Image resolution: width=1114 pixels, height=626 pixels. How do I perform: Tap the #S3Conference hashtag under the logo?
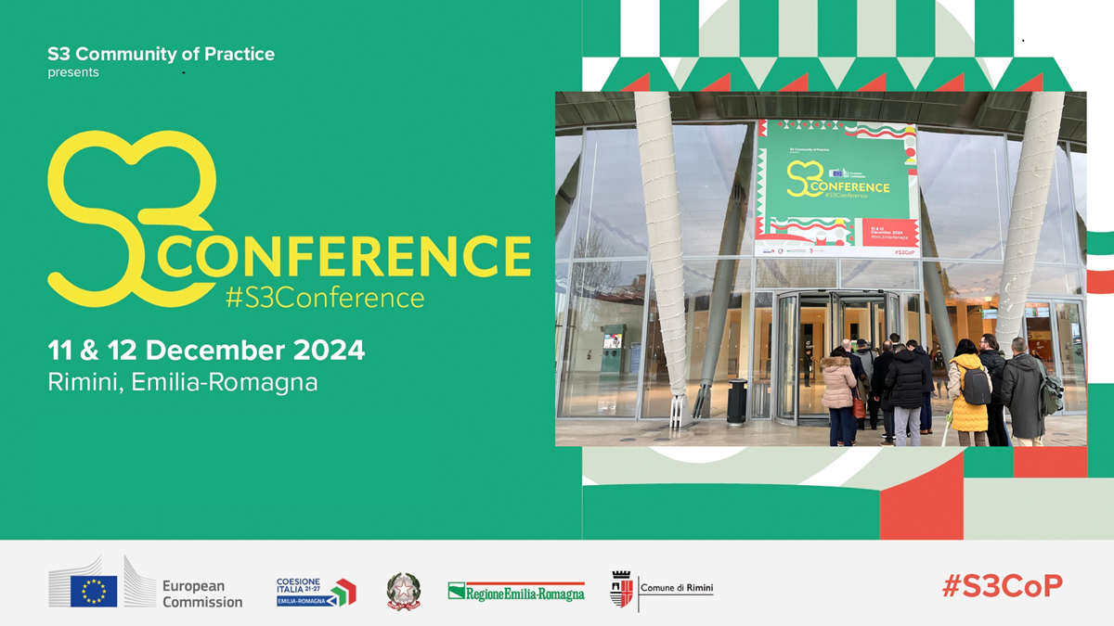coord(325,299)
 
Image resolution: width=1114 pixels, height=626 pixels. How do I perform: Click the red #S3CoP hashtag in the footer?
coord(1002,586)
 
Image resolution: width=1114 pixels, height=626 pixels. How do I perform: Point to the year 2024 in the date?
coord(330,351)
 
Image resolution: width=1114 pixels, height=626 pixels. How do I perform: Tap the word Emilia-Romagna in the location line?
coord(225,382)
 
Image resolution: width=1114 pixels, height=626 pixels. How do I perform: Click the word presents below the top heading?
coord(73,72)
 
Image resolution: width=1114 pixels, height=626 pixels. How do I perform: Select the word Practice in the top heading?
coord(237,54)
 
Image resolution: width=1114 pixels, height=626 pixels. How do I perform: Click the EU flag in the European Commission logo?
coord(94,591)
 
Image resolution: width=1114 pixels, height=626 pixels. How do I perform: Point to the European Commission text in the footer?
coord(202,594)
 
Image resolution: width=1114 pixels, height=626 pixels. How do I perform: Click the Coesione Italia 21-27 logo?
coord(316,592)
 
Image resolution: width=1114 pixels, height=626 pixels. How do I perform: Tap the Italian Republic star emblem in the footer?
coord(404,591)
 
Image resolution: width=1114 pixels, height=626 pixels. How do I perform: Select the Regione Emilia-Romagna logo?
coord(516,591)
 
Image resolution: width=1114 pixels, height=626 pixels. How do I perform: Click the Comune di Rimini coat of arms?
coord(621,590)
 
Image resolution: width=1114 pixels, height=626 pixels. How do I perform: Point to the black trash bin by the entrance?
coord(737,401)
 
